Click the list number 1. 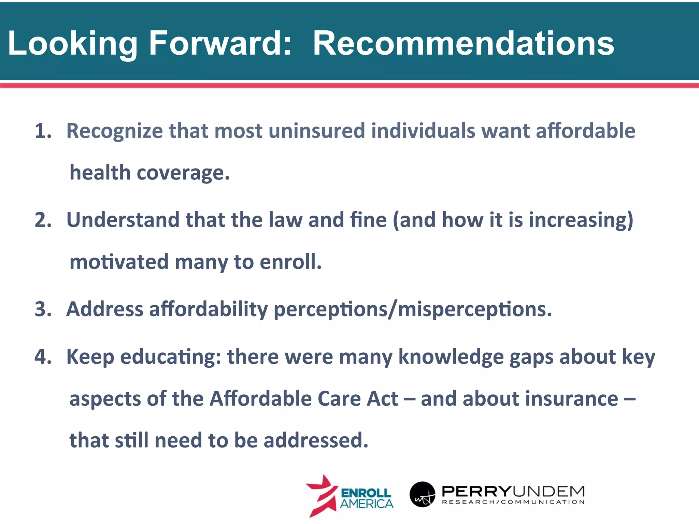click(x=43, y=131)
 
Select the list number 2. click(x=43, y=220)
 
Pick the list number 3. click(x=43, y=309)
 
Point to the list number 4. click(x=43, y=357)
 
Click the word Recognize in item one click(x=114, y=131)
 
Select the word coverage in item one click(x=183, y=173)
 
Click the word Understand click(x=123, y=220)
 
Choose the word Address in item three click(x=105, y=309)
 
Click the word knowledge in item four click(x=451, y=358)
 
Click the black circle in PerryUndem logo click(x=423, y=494)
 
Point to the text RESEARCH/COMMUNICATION click(x=513, y=502)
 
